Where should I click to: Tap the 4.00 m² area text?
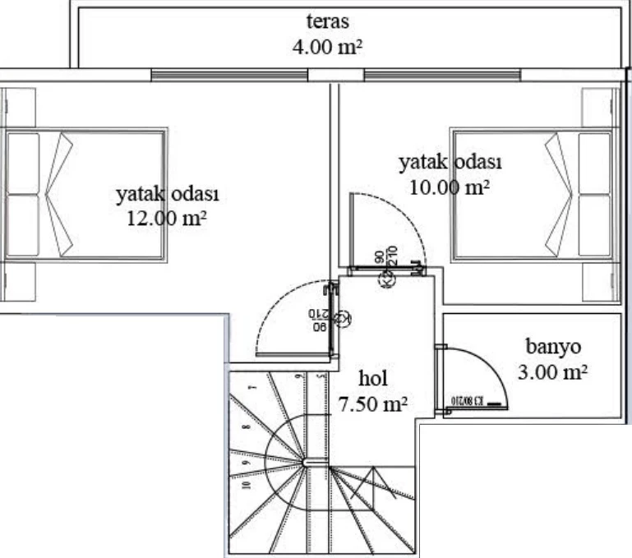[327, 47]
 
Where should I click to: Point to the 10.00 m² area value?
[450, 187]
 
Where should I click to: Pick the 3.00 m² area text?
[553, 372]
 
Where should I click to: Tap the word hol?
[373, 379]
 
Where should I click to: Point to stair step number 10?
[245, 484]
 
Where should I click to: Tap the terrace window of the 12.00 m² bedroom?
[229, 75]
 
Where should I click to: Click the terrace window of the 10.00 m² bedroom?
[443, 75]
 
